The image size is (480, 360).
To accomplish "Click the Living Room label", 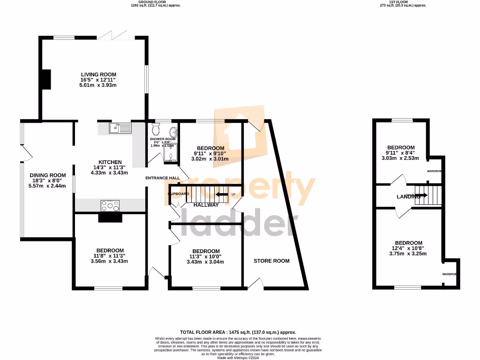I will point(98,75).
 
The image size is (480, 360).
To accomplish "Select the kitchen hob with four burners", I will point(110,205).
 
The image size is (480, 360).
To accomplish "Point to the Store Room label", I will point(271,261).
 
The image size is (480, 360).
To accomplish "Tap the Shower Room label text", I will point(163,139).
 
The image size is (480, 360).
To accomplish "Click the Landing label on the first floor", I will point(408,197).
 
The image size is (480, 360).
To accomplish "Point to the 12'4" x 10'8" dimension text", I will point(408,248).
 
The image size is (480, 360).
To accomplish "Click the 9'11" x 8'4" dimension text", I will point(401,153).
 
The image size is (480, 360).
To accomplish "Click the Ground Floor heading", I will point(155,2).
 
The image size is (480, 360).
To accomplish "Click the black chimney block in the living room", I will point(46,79).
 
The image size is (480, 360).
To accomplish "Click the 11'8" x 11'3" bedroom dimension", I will point(110,256).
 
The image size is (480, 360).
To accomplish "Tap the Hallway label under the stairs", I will point(206,205).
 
